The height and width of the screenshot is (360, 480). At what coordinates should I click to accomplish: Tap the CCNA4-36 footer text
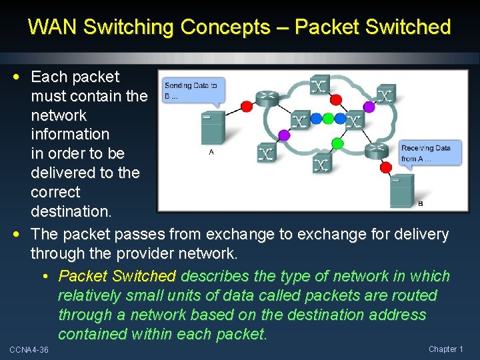click(x=29, y=350)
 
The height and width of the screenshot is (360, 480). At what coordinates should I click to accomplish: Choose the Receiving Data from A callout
click(x=430, y=153)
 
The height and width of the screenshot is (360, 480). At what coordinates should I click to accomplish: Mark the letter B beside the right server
click(x=420, y=203)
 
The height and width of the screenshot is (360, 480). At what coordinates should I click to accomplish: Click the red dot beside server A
click(x=247, y=106)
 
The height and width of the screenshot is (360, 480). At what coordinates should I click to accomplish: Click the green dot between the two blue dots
click(x=328, y=119)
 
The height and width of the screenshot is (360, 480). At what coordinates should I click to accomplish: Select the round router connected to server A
click(x=267, y=97)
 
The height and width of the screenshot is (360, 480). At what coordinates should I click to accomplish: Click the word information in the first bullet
click(x=69, y=134)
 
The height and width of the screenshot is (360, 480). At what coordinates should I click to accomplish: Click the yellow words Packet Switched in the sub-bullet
click(x=117, y=276)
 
